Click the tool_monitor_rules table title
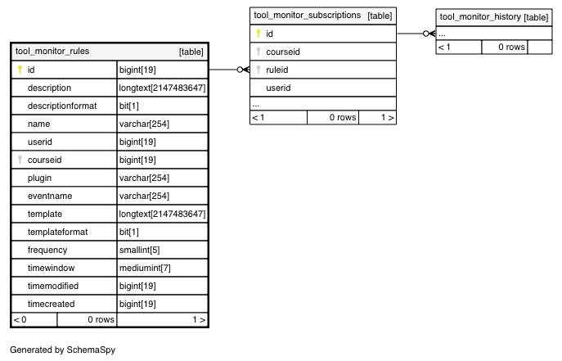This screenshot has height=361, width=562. tap(52, 52)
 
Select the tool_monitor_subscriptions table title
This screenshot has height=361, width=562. tap(307, 16)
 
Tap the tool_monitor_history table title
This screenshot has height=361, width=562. tap(480, 17)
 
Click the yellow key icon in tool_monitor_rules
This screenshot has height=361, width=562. tap(20, 70)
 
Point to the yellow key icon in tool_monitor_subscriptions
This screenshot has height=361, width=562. tap(259, 34)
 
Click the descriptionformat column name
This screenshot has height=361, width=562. tap(62, 106)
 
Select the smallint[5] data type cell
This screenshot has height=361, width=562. tap(139, 250)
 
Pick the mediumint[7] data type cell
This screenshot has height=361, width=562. tap(145, 268)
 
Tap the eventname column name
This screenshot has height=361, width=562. tap(50, 196)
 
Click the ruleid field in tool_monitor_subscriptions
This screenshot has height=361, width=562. tap(277, 70)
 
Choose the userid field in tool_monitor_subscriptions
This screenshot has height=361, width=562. tap(278, 88)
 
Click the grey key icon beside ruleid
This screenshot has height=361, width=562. tap(259, 70)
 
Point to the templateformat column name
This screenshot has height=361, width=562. tap(58, 232)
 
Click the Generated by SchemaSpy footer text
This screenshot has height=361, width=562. tap(63, 350)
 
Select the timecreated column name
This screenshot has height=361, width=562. tap(52, 304)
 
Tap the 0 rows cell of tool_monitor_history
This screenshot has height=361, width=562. tap(511, 47)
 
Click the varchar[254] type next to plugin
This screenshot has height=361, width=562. tap(144, 178)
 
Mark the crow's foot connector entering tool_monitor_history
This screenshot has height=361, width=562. tap(429, 34)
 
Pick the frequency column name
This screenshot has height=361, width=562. tap(47, 250)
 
